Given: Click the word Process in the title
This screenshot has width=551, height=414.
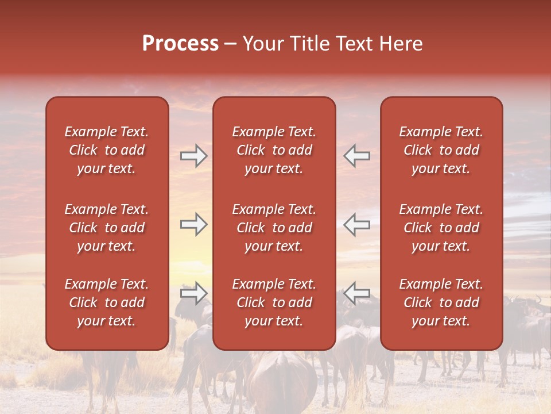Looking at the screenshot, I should point(180,44).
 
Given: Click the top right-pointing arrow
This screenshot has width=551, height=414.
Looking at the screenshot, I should point(193,156).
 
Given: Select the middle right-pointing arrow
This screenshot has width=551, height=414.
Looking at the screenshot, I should point(193,224).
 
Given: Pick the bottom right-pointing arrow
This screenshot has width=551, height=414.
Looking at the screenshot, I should point(193,293).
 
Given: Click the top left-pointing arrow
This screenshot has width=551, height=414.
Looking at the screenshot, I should point(356,156).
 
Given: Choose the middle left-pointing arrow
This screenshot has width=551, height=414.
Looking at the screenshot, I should point(356,224).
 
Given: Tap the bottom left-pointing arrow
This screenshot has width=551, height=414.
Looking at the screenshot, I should point(356,293).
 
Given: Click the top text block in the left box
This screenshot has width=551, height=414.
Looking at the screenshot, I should point(107,150).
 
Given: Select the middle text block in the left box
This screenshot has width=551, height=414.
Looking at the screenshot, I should point(107,228).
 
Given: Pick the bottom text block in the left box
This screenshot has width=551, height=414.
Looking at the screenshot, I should point(107,302).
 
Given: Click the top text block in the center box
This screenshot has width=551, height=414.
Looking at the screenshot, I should point(274,150).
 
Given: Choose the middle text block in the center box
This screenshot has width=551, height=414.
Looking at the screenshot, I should point(274,228).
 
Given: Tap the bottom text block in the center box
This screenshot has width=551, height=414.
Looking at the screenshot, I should point(274,302).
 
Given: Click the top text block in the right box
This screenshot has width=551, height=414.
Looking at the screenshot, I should point(441,150).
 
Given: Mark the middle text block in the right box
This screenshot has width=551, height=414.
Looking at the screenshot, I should point(441,228).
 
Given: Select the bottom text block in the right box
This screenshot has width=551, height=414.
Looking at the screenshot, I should point(441,302).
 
